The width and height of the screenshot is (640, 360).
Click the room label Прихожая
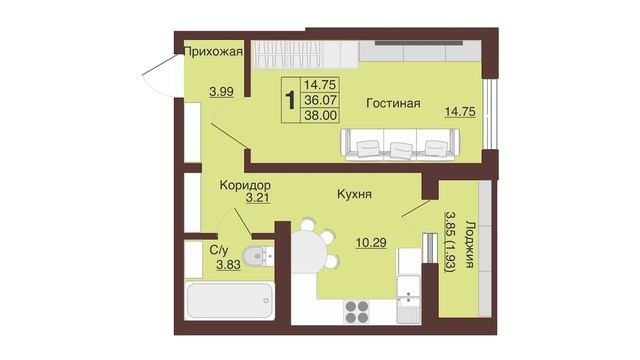click(x=213, y=52)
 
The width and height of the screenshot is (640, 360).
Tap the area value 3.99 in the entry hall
click(x=221, y=91)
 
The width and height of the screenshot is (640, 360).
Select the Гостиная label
click(x=393, y=103)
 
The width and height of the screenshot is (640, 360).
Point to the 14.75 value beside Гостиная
click(x=460, y=111)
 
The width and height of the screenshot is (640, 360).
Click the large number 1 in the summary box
click(x=290, y=100)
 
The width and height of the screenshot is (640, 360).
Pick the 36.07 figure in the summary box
click(x=320, y=100)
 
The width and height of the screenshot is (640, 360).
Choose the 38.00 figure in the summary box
click(x=321, y=115)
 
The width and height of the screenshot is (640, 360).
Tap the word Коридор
click(x=245, y=185)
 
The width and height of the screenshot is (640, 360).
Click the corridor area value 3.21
click(x=258, y=199)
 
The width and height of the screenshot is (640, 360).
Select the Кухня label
click(x=354, y=194)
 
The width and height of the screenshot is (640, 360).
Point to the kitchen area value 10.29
click(x=371, y=243)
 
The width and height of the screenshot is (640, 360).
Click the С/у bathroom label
click(x=219, y=250)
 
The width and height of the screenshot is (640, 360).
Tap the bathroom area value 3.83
click(x=229, y=265)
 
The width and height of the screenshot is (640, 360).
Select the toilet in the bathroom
click(x=258, y=256)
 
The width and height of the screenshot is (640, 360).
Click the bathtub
click(x=229, y=300)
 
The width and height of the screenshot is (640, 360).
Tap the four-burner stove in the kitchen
click(x=357, y=311)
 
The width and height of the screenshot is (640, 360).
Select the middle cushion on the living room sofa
click(x=401, y=149)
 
